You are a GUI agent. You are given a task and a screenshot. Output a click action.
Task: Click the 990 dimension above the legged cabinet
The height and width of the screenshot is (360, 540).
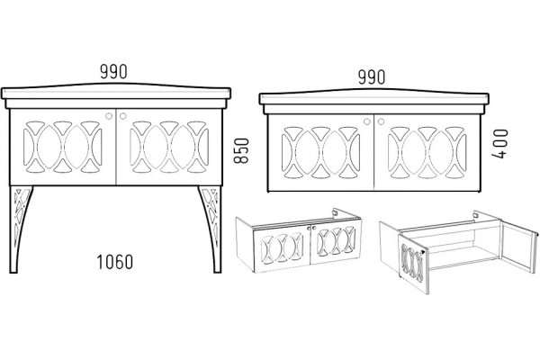[113, 72]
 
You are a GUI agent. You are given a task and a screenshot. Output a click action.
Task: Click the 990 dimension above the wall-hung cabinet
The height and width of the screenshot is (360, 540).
[372, 77]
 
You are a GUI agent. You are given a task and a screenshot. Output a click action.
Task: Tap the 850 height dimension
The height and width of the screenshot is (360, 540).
[241, 150]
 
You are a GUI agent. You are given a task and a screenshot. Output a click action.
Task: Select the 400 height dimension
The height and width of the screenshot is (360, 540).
[499, 144]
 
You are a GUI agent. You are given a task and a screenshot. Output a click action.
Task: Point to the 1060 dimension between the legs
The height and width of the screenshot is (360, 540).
[114, 262]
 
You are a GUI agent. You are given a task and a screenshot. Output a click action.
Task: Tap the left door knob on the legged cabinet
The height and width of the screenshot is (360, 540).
[109, 116]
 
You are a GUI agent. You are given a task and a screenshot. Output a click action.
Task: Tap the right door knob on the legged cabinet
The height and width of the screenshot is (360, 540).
[123, 116]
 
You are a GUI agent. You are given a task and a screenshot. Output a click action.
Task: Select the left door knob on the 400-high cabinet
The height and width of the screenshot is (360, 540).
[367, 121]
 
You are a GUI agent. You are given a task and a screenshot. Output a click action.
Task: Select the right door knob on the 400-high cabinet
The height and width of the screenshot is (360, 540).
[381, 121]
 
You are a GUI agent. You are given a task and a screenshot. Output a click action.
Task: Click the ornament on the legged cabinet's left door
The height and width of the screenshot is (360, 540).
[63, 147]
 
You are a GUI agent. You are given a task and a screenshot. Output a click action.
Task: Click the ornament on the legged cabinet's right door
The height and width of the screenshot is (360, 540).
[169, 147]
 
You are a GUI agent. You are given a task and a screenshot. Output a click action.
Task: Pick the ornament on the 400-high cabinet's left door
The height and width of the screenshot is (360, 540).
[320, 153]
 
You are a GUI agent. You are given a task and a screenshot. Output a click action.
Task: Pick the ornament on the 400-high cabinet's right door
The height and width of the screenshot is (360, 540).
[427, 153]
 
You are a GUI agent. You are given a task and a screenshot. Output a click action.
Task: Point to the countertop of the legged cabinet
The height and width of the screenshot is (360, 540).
[116, 94]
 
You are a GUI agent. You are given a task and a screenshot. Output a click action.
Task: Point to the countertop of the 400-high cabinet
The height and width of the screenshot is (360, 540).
[374, 99]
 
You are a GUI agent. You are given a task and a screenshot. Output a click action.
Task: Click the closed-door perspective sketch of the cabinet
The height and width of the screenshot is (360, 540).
[298, 241]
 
